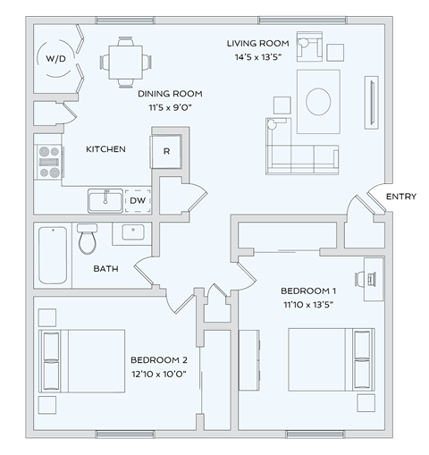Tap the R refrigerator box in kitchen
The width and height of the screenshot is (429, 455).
pos(166,150)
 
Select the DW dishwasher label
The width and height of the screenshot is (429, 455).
pos(138,201)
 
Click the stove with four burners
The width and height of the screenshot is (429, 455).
pos(48,160)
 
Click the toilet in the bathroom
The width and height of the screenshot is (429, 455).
pos(87,240)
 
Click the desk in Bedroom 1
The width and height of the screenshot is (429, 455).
pos(374,277)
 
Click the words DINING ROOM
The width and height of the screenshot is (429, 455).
pos(170,94)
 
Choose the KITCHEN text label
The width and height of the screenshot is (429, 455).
pos(105,149)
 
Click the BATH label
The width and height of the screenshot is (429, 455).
pos(106,268)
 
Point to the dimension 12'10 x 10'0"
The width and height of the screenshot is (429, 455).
pos(158,374)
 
